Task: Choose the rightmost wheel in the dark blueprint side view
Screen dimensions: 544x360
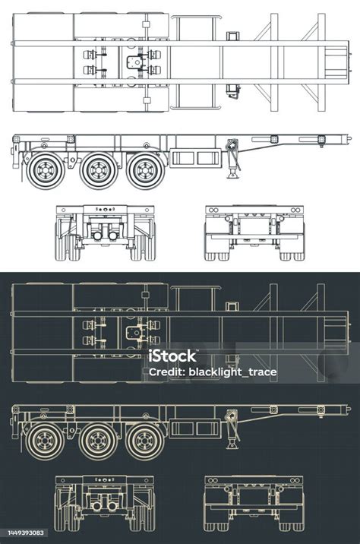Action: [145, 440]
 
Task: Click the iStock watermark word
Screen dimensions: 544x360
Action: [172, 356]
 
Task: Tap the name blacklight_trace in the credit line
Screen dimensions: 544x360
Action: [236, 373]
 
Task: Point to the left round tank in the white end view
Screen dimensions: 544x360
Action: [97, 236]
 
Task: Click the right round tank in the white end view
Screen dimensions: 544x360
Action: [112, 236]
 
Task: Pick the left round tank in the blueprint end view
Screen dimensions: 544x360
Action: [96, 505]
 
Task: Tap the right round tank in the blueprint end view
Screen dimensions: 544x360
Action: [112, 505]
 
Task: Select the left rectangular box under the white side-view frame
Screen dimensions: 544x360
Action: [182, 158]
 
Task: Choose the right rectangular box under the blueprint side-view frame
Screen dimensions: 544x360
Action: [208, 429]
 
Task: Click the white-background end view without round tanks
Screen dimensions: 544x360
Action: [254, 232]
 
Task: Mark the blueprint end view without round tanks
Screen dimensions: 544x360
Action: [254, 502]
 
